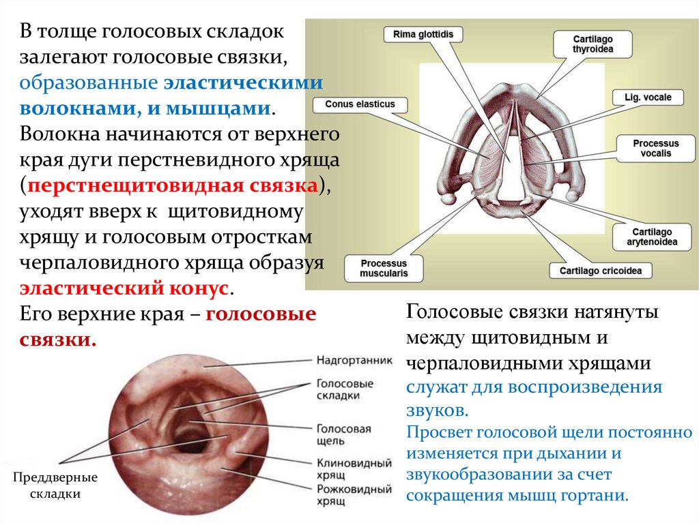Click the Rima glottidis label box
tap(423, 35)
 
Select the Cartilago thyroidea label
tap(593, 44)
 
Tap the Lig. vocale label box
tap(648, 98)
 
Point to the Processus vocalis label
tap(655, 149)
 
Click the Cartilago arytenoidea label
tap(652, 237)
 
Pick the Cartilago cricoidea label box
tap(600, 271)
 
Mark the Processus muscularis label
tap(384, 268)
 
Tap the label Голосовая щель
tap(343, 435)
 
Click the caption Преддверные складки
tap(55, 485)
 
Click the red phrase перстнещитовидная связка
tap(173, 186)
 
